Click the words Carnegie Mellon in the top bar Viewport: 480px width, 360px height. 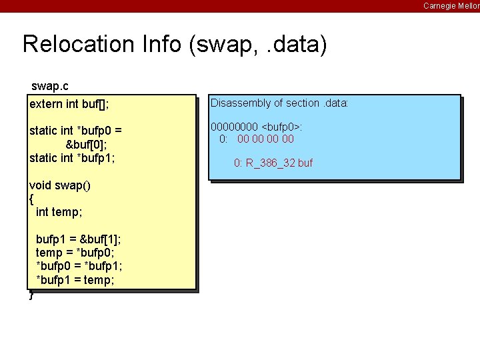[x=451, y=6]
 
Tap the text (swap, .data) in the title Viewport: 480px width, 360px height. [x=257, y=45]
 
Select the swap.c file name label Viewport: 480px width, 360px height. [x=50, y=87]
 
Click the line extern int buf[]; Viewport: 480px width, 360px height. [x=69, y=104]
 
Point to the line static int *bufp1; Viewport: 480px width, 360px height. [x=72, y=157]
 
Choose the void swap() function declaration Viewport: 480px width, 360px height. [x=60, y=185]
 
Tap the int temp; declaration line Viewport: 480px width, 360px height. [x=59, y=211]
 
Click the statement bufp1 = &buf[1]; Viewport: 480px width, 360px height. [x=78, y=239]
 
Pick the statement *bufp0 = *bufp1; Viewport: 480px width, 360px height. [x=79, y=267]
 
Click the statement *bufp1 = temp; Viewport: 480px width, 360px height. [x=75, y=281]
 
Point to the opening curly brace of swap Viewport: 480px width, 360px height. [x=31, y=198]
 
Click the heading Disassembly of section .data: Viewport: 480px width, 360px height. [x=279, y=103]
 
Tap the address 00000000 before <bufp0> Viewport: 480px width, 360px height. [x=234, y=127]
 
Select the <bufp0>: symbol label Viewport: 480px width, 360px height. [x=283, y=127]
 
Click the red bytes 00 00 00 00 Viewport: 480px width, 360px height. [x=265, y=139]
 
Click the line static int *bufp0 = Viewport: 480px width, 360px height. [x=75, y=130]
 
